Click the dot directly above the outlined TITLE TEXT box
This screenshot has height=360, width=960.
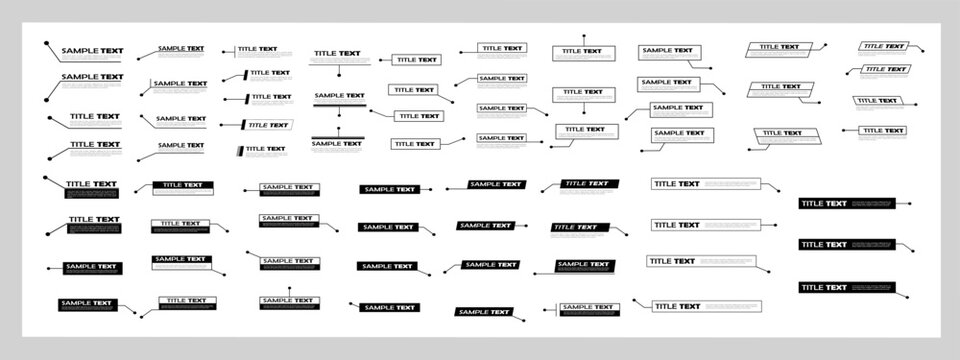[x=585, y=34]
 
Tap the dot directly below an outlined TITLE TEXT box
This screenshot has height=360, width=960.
[x=585, y=110]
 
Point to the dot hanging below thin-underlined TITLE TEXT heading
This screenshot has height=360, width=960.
[x=339, y=73]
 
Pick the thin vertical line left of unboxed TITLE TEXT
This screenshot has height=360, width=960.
[x=237, y=49]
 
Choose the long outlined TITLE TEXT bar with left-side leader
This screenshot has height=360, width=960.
[x=700, y=305]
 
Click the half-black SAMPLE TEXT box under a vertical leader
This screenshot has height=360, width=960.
[x=290, y=301]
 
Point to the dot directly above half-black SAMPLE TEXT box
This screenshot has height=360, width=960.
[x=290, y=288]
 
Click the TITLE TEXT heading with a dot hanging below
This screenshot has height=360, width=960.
[x=338, y=53]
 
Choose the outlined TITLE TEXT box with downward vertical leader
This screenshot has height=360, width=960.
[x=585, y=94]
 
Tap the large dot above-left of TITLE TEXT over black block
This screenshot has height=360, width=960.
[x=46, y=177]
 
